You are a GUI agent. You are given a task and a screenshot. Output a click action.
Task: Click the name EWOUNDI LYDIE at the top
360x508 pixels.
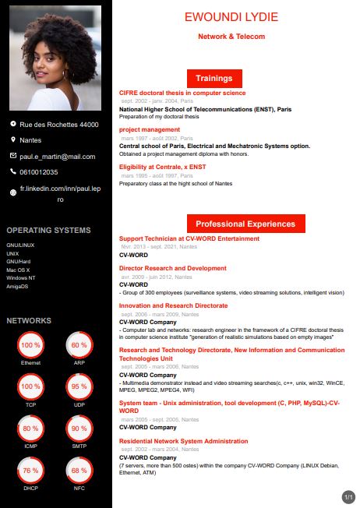click(231, 17)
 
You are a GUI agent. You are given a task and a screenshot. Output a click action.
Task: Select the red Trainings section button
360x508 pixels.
click(214, 78)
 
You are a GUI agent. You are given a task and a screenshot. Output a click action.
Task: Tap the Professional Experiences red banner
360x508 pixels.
click(245, 224)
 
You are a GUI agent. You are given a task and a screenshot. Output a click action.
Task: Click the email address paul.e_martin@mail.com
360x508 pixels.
click(58, 156)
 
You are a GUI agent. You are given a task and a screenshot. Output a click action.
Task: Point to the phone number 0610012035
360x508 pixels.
click(39, 171)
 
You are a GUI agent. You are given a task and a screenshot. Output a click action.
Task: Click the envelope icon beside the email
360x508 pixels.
click(12, 156)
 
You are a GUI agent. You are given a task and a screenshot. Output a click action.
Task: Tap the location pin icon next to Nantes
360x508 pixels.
click(12, 140)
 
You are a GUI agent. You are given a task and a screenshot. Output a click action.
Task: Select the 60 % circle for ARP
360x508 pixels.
click(79, 344)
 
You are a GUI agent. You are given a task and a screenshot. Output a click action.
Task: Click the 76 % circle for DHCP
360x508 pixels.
click(30, 471)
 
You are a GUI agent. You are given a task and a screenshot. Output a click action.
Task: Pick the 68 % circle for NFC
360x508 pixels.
click(79, 471)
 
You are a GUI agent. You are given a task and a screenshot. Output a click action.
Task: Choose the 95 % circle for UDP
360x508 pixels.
click(79, 386)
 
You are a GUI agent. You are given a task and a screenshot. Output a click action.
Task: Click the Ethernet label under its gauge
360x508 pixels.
click(30, 363)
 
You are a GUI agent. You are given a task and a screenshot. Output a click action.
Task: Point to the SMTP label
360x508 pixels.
click(79, 446)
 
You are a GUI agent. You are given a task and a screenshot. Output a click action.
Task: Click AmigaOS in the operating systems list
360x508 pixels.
click(17, 286)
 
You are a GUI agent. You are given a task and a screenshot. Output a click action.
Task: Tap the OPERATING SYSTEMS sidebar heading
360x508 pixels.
click(48, 230)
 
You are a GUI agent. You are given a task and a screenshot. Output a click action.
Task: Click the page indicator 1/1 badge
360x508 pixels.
click(348, 496)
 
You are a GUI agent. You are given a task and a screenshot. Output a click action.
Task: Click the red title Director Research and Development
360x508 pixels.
click(172, 268)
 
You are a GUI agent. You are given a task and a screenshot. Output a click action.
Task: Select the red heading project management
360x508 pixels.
click(150, 129)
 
